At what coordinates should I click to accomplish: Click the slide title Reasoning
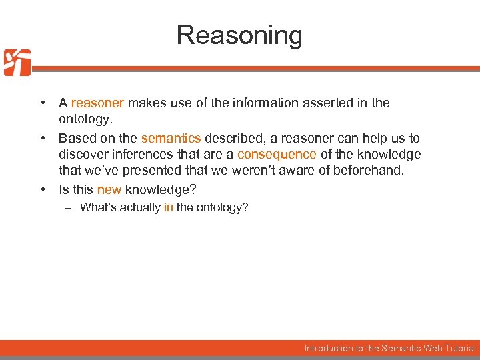tap(239, 35)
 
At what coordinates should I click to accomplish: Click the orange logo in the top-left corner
tap(17, 63)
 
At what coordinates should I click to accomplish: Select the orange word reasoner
tap(97, 103)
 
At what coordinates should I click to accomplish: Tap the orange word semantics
tap(171, 139)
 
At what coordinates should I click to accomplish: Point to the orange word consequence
tap(277, 155)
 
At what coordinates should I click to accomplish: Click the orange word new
tap(109, 189)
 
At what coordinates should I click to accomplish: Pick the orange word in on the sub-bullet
tap(169, 207)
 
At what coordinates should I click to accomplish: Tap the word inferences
tap(135, 155)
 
